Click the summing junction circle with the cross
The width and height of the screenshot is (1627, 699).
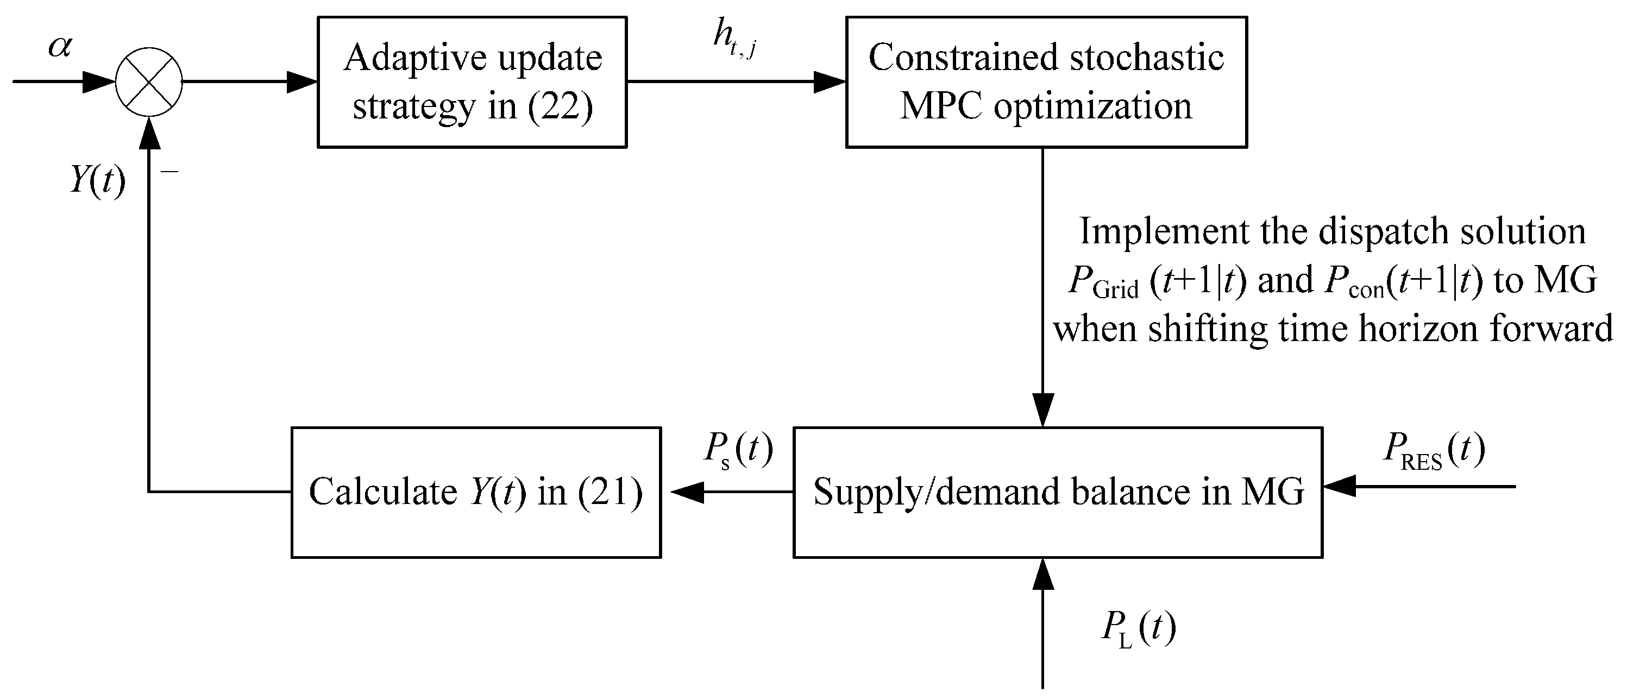tap(149, 82)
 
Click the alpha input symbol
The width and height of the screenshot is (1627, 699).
tap(61, 47)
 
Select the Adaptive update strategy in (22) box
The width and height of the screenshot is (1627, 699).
tap(472, 82)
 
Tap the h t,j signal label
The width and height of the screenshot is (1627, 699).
tap(734, 39)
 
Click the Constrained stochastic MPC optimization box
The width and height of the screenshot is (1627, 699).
tap(1046, 82)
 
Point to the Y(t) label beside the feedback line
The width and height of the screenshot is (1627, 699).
tap(97, 181)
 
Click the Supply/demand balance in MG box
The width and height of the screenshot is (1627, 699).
tap(1058, 492)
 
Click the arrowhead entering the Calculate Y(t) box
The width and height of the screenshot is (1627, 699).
tap(687, 492)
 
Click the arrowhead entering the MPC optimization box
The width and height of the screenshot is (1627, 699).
tap(828, 82)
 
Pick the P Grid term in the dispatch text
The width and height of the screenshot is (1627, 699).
tap(1102, 281)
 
